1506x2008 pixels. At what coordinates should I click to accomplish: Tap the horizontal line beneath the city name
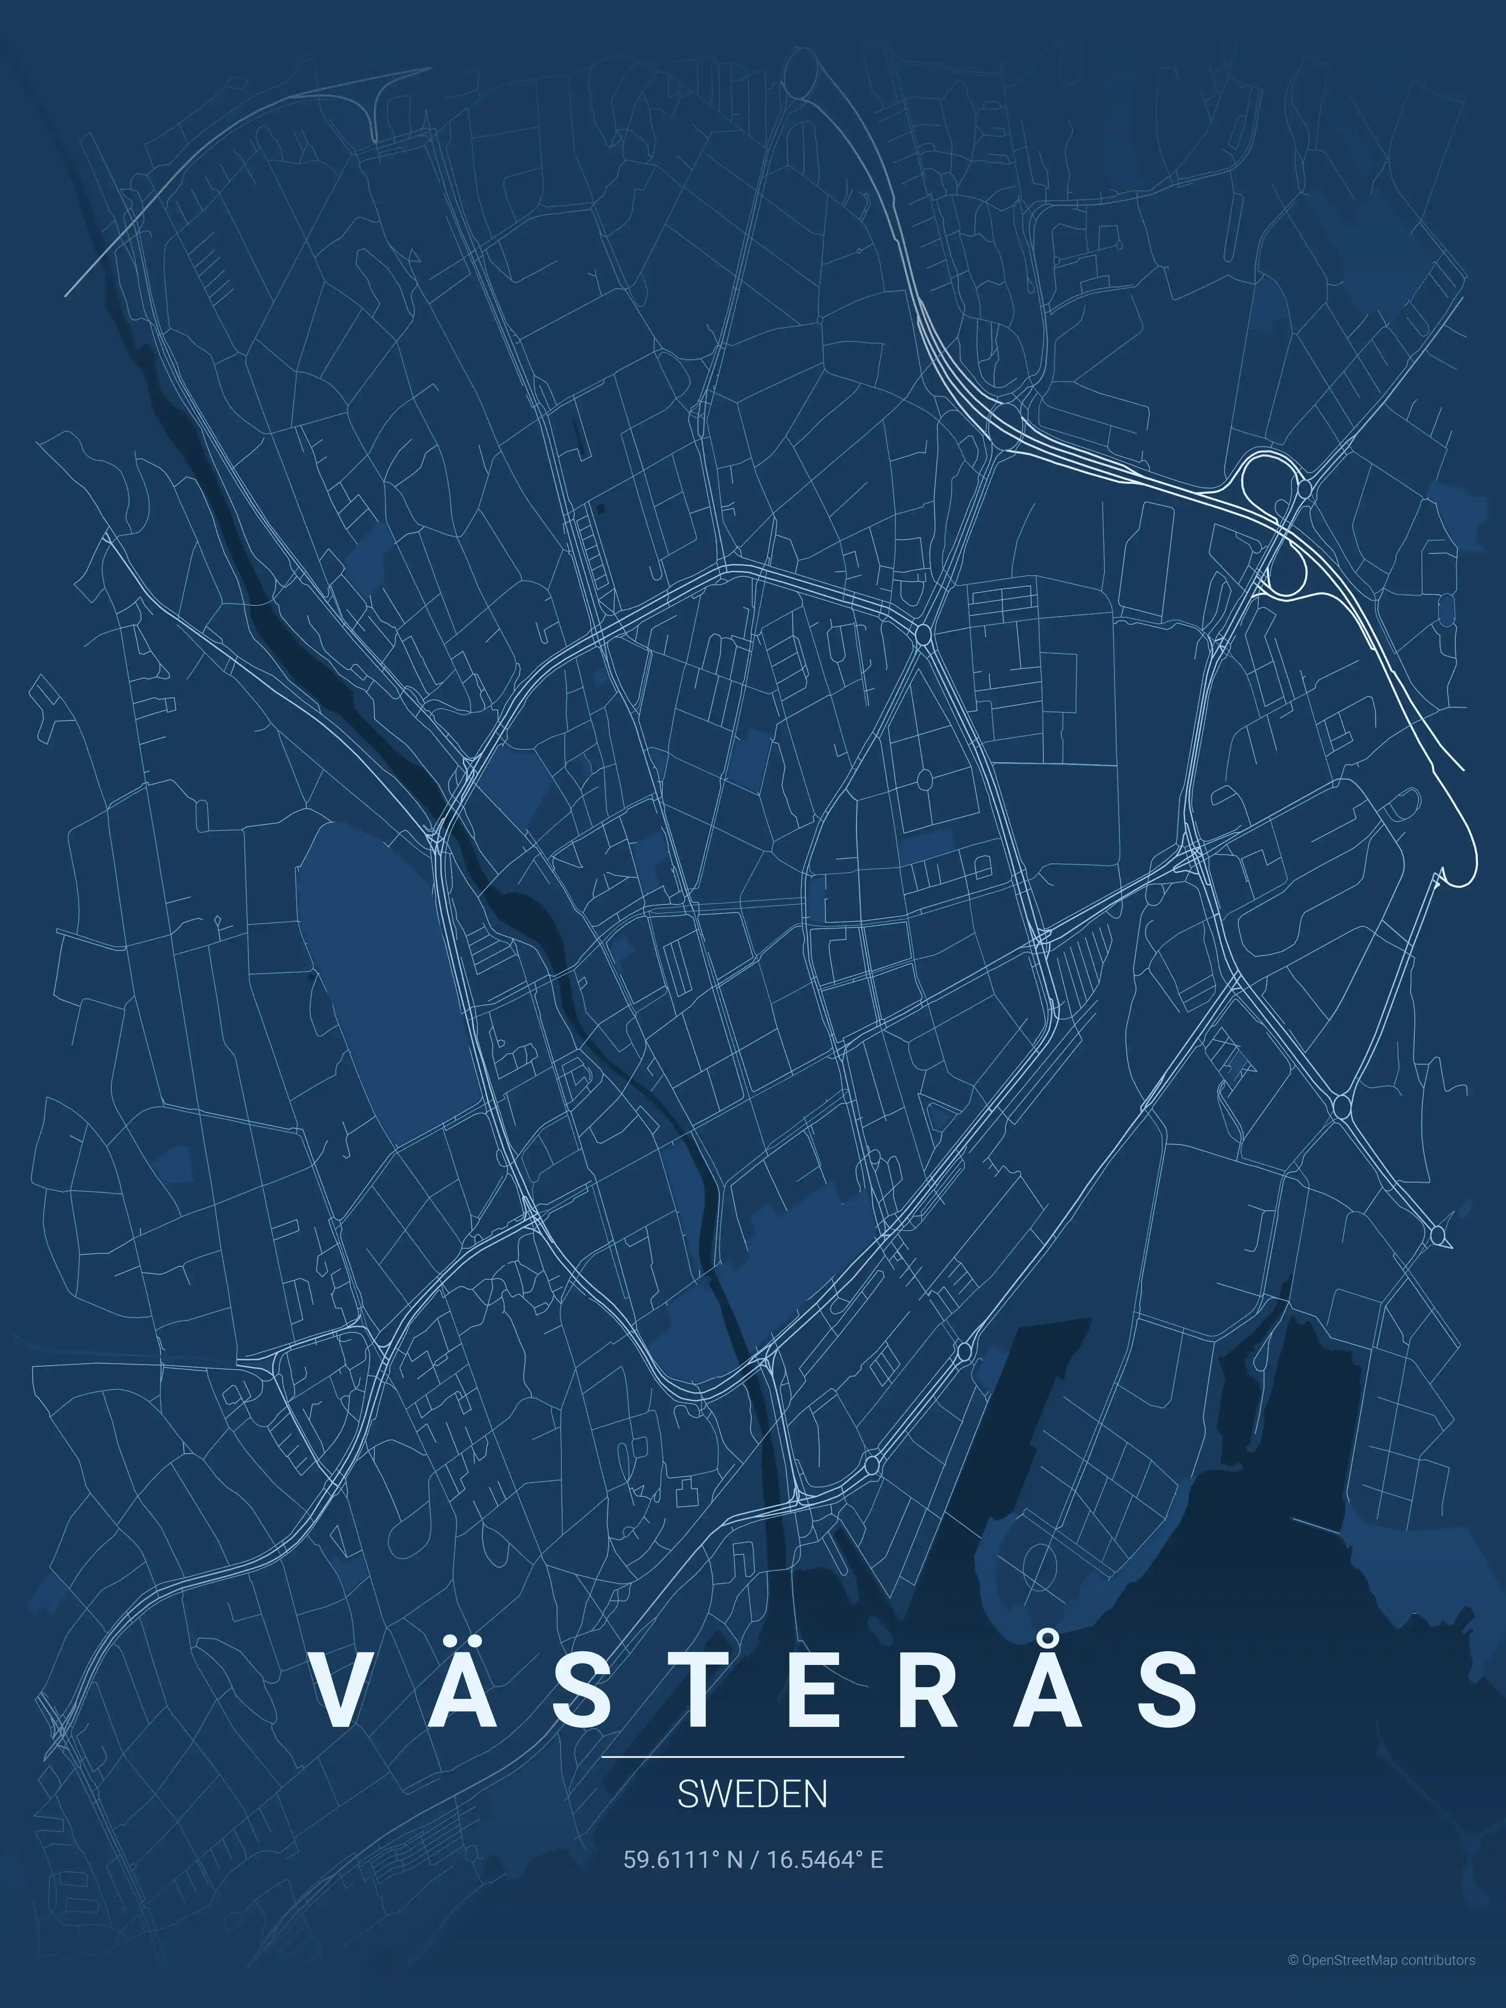(x=753, y=1757)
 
